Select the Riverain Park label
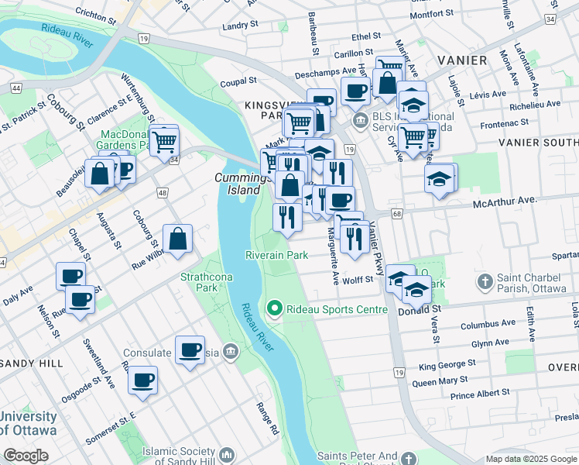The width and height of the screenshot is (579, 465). tap(276, 255)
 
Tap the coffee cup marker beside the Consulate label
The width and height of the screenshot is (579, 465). tap(190, 350)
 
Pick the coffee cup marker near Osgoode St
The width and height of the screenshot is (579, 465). tap(142, 381)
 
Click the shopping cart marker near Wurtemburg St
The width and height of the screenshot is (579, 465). tap(164, 142)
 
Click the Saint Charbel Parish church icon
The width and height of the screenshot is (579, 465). tap(485, 281)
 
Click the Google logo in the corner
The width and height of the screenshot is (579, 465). tap(26, 456)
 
